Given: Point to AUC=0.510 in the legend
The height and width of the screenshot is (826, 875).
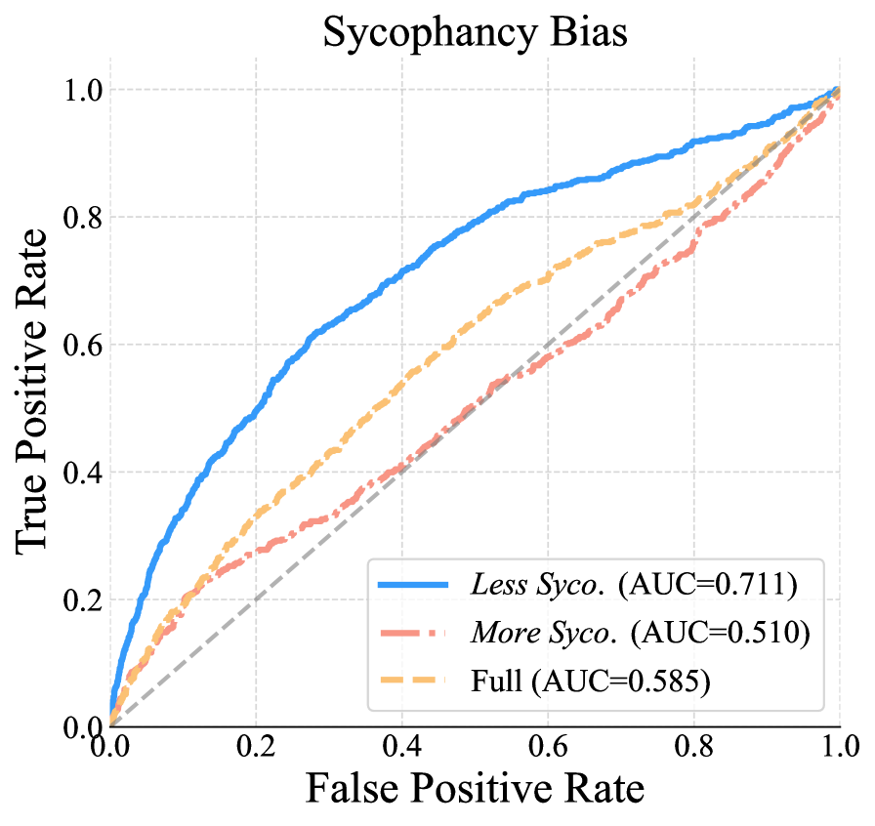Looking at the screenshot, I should (721, 633).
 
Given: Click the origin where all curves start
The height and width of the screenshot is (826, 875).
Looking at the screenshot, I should (110, 724).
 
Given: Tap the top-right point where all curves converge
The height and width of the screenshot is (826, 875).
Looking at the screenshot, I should (839, 89).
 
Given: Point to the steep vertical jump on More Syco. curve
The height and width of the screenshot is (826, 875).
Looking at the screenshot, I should (694, 244).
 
